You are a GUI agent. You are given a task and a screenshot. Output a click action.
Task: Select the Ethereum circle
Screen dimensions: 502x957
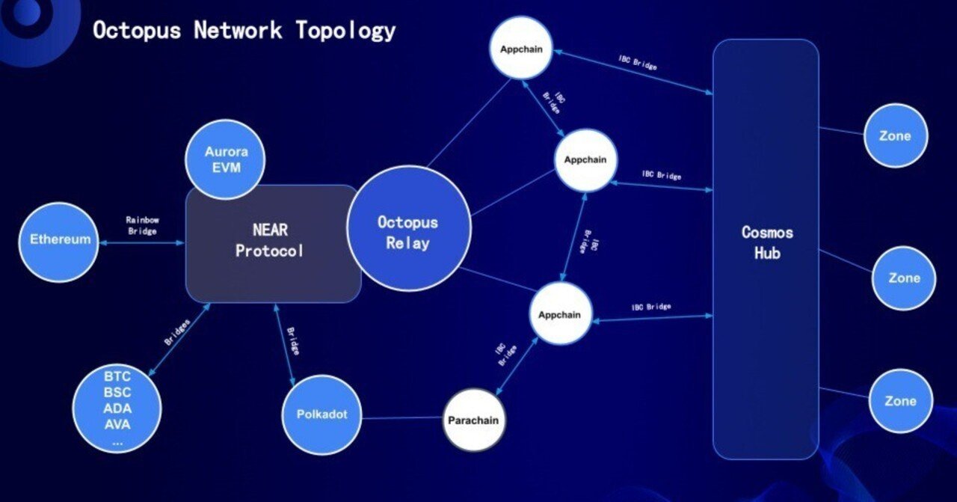tap(59, 240)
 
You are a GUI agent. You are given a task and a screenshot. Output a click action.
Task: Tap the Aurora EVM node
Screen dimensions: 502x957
tap(225, 160)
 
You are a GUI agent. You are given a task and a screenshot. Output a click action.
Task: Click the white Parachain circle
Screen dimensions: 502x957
tap(473, 420)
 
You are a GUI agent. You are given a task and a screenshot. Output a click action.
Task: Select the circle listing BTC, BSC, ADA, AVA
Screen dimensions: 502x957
tap(117, 408)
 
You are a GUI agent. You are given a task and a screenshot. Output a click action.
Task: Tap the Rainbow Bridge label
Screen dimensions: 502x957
tap(142, 225)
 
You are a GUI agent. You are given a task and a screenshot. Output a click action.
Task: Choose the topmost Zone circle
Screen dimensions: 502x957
tap(895, 136)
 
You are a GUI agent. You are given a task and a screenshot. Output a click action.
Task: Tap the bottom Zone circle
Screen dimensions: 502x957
tap(900, 401)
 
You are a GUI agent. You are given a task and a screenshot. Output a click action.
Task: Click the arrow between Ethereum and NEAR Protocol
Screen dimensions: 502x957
tap(142, 242)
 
